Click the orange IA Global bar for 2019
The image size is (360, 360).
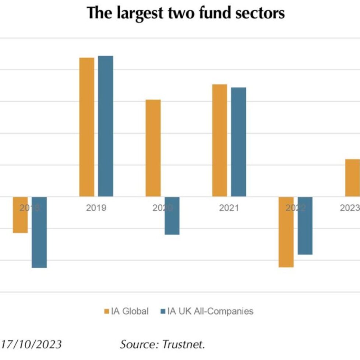coord(87,127)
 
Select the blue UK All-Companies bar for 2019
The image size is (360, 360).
coord(106,126)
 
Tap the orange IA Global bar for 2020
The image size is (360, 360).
coord(153,148)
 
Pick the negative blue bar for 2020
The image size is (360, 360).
coord(172,216)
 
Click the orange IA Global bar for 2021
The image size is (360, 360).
coord(220,140)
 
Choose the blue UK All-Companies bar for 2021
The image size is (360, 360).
coord(239,142)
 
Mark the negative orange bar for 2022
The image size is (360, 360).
coord(286,232)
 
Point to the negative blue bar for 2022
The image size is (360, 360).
coord(305,226)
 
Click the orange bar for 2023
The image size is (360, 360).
coord(352,178)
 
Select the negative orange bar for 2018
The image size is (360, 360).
coord(20,215)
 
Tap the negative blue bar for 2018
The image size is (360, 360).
coord(39,232)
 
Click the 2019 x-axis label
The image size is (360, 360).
coord(96,208)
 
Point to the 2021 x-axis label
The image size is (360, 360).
coord(229,208)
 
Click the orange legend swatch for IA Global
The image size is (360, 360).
coord(107,311)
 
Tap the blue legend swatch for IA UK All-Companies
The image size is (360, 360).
coord(163,311)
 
